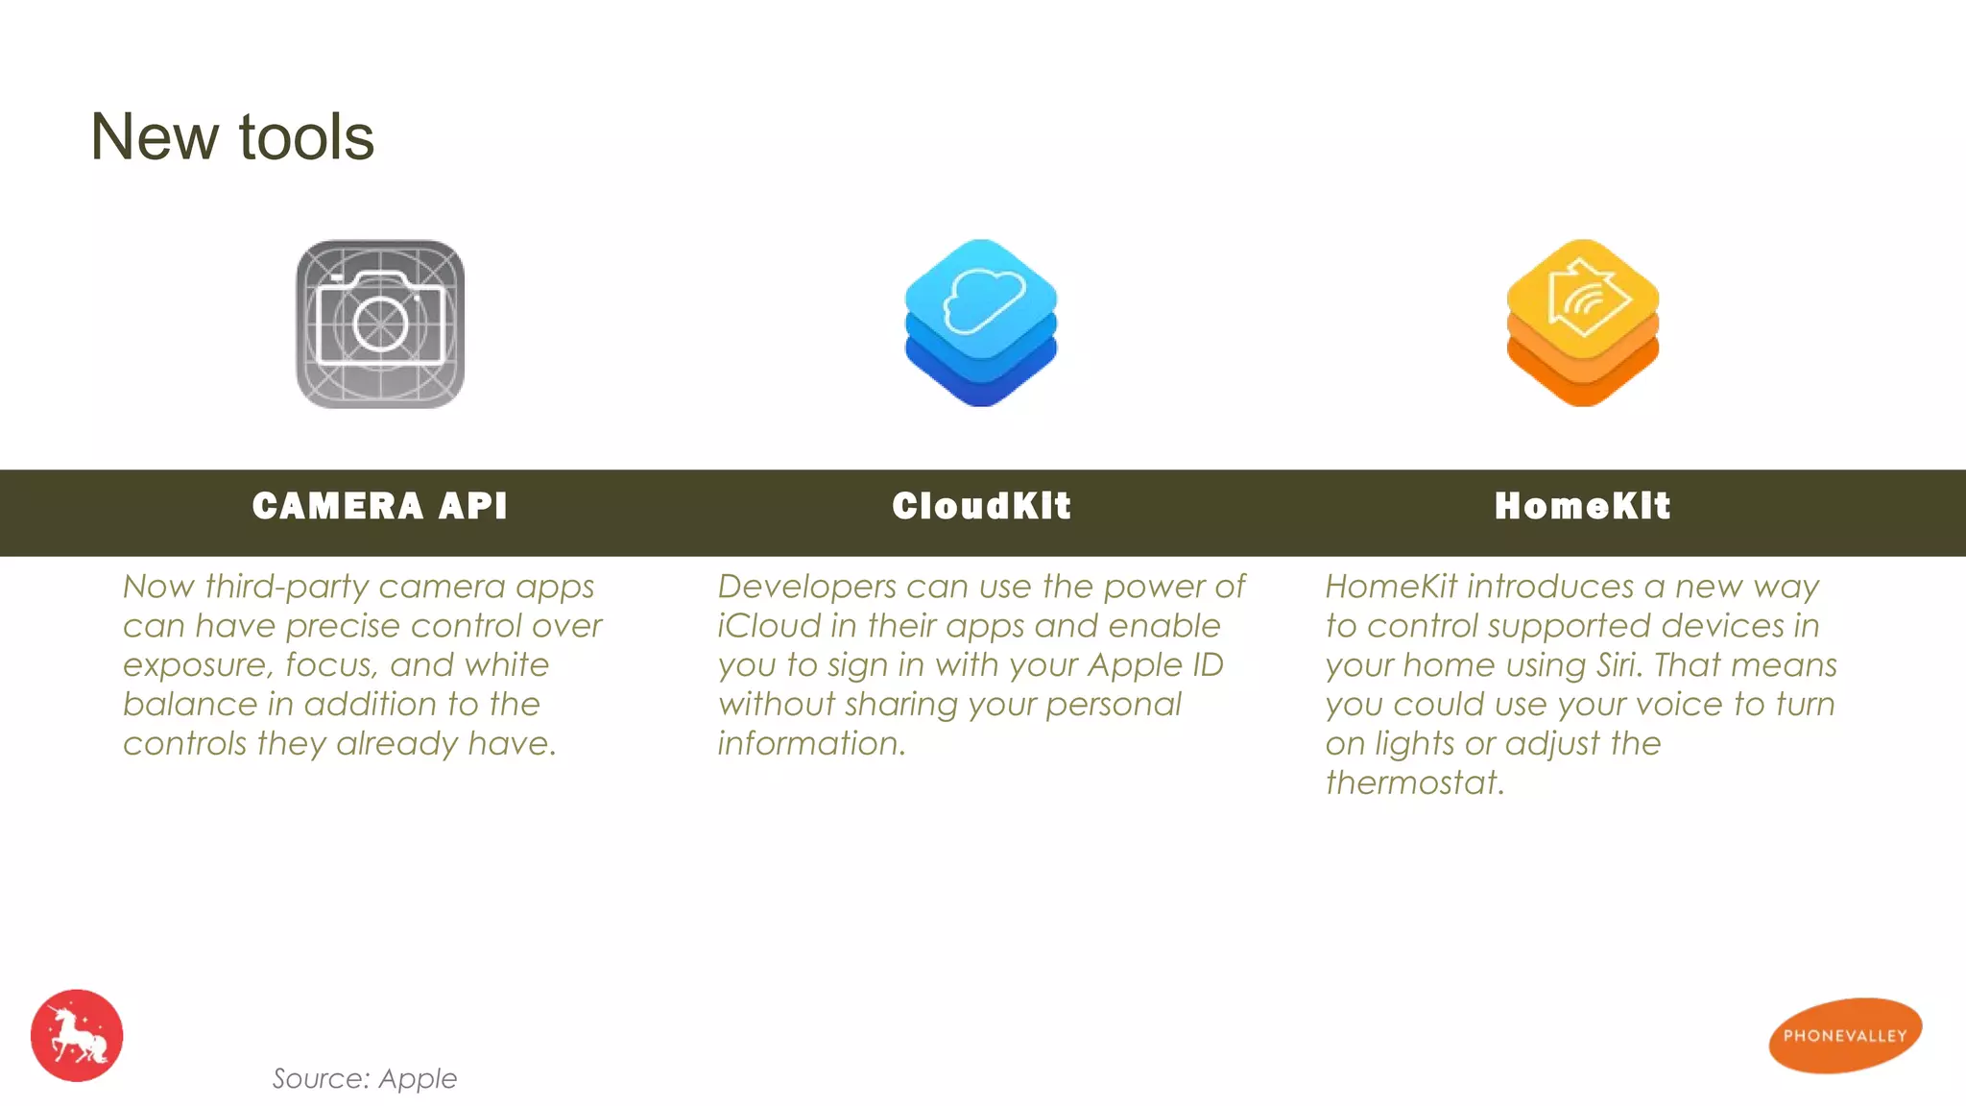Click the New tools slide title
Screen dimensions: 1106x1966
pyautogui.click(x=231, y=137)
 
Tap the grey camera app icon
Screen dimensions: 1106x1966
pyautogui.click(x=380, y=324)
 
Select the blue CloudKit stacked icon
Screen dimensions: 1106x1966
pyautogui.click(x=980, y=324)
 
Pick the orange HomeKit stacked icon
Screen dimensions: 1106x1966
pyautogui.click(x=1582, y=324)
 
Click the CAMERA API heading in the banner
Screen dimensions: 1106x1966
pyautogui.click(x=380, y=506)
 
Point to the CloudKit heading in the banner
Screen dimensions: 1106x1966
pyautogui.click(x=981, y=506)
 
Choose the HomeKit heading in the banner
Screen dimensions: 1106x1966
pyautogui.click(x=1582, y=506)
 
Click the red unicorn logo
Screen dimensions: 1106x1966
pyautogui.click(x=77, y=1035)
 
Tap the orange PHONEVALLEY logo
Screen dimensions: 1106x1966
pyautogui.click(x=1844, y=1035)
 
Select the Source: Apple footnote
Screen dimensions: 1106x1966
pyautogui.click(x=365, y=1078)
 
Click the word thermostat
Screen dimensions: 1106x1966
pyautogui.click(x=1414, y=783)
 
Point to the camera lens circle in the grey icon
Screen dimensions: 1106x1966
pyautogui.click(x=380, y=324)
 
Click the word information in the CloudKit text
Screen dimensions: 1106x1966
pyautogui.click(x=811, y=744)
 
